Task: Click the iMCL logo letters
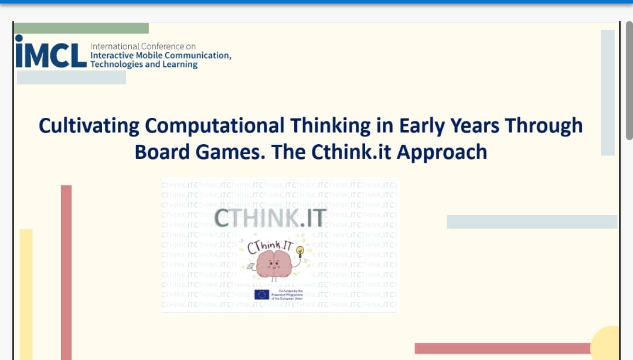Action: coord(51,55)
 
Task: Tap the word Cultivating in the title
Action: coord(89,126)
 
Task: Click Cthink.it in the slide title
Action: coord(352,152)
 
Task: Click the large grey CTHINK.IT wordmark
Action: coord(270,218)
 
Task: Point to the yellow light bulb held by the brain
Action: coord(300,252)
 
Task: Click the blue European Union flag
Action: coord(261,294)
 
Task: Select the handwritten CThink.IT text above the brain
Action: coord(269,246)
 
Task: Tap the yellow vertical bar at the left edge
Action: coord(26,293)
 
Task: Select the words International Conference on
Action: coord(143,46)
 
